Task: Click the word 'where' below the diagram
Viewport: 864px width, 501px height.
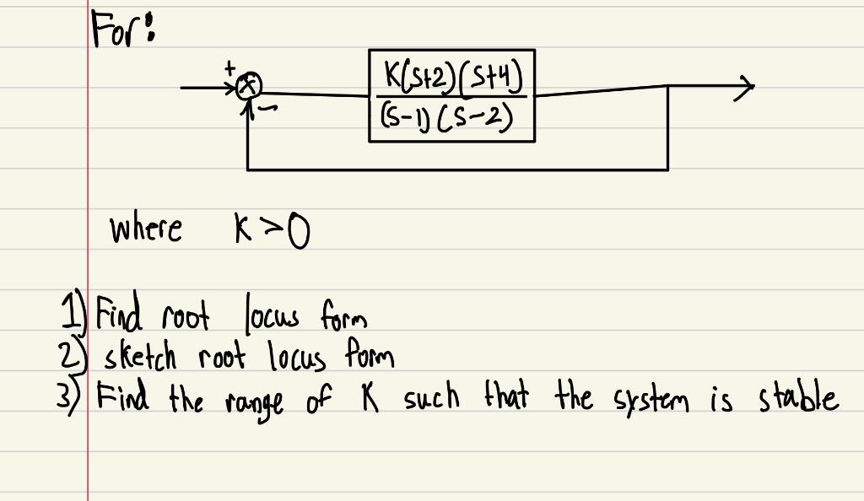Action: pyautogui.click(x=144, y=229)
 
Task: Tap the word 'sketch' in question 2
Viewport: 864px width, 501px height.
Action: pyautogui.click(x=138, y=358)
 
